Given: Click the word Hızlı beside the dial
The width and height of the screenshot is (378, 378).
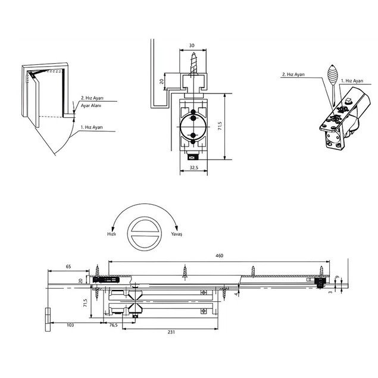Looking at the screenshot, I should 111,235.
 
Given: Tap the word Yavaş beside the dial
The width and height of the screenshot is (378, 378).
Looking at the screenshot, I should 176,235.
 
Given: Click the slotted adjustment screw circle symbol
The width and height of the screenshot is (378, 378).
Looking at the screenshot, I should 143,231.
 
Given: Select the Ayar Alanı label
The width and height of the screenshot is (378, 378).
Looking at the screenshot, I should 91,105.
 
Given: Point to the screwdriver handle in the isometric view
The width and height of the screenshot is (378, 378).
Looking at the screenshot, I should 332,75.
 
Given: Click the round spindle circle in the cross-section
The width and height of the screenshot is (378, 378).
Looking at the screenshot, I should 192,126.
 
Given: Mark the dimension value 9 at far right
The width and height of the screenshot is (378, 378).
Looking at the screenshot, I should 338,278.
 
